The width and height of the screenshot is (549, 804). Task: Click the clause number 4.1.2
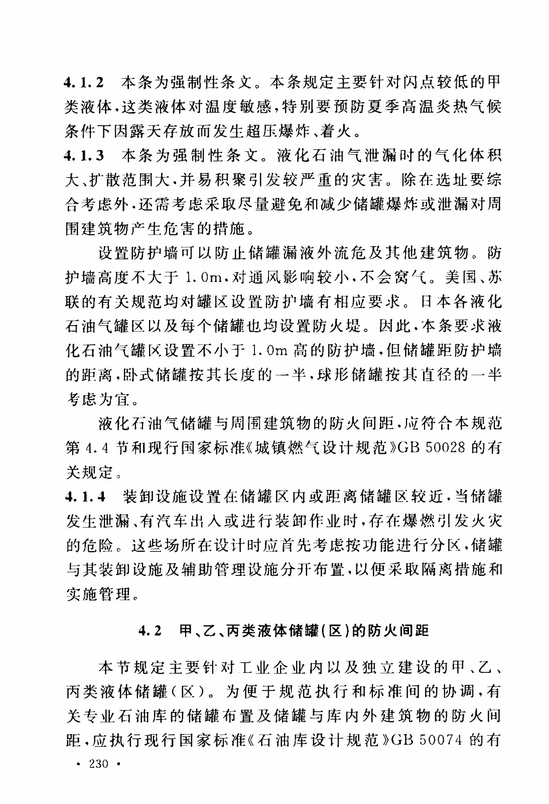pyautogui.click(x=84, y=82)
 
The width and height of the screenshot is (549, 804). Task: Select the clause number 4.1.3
pyautogui.click(x=84, y=155)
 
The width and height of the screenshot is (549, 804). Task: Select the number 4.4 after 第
pyautogui.click(x=95, y=448)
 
